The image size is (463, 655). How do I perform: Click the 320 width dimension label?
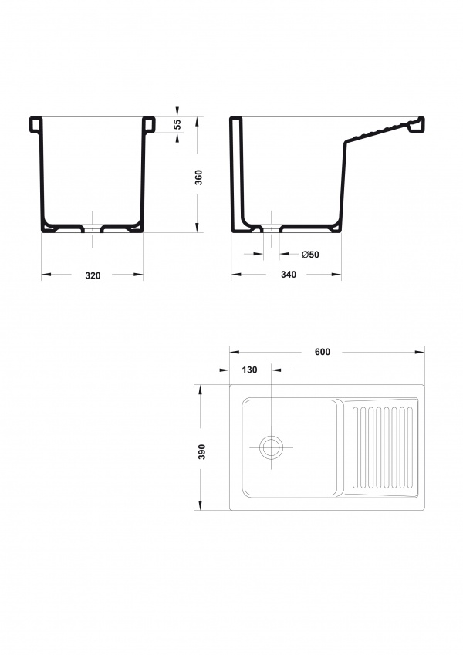point(93,275)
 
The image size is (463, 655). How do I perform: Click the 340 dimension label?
point(289,275)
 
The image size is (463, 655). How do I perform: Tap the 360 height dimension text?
point(199,177)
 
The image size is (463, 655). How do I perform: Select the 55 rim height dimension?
point(177,124)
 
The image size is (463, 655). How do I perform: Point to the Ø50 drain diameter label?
point(310,255)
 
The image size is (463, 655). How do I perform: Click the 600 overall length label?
point(323,352)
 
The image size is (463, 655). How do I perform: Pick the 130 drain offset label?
point(249,370)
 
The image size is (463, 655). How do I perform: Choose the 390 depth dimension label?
point(202,451)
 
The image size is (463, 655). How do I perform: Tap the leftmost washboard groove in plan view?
point(356,447)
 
